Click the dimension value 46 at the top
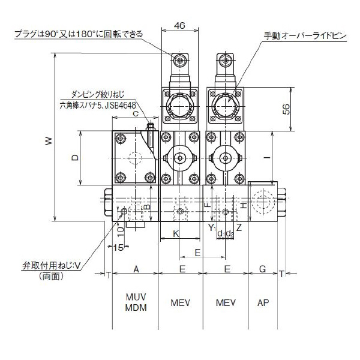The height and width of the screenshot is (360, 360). point(178,25)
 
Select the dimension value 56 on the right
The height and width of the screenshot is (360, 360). point(303,109)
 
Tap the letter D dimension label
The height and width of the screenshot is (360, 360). point(74,158)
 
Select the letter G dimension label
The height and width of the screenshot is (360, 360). point(263,269)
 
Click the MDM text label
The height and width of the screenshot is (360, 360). point(136,307)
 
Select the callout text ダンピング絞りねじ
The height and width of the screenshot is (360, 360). point(95,95)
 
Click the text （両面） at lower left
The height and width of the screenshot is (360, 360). point(54,277)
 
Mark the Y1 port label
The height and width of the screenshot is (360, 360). point(211,227)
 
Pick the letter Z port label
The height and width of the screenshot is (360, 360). point(239,227)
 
